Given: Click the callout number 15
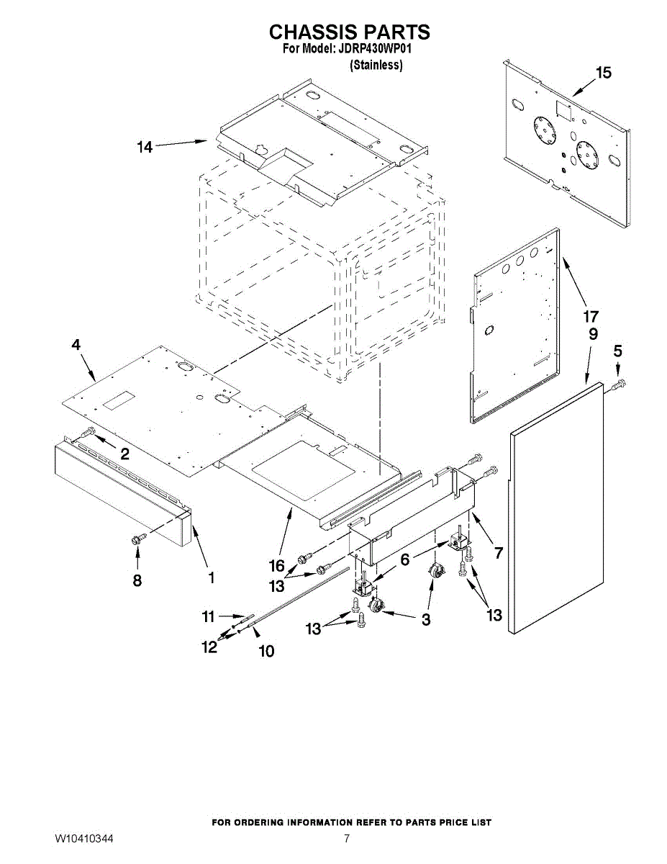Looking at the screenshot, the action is point(603,73).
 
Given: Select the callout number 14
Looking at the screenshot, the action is point(145,147).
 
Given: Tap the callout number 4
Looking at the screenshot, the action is point(76,345).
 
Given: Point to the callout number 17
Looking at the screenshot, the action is point(591,317).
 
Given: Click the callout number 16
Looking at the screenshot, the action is point(277,565).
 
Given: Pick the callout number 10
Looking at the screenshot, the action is point(266,652).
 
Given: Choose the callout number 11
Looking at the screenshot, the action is point(209,617).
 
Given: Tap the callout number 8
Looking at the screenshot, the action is point(137,581).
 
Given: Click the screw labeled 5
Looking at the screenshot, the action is point(620,384).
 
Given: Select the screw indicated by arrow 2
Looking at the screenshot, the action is point(89,431).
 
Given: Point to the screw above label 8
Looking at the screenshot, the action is point(139,539).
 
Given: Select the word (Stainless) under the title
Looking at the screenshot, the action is point(376,65).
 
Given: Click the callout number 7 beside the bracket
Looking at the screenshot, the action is point(498,552).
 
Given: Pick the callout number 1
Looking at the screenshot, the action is point(212,577).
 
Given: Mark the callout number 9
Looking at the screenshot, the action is point(593,334).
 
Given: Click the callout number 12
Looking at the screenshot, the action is point(209,647).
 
